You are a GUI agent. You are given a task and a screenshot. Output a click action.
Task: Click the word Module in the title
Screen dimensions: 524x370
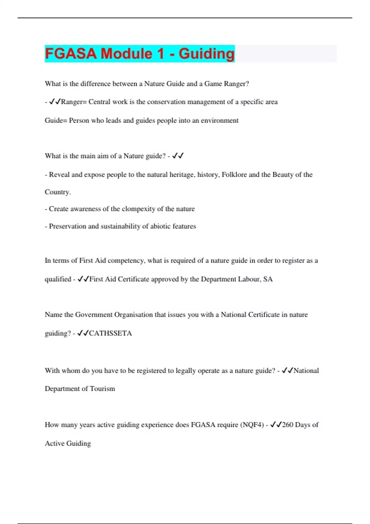[x=126, y=54]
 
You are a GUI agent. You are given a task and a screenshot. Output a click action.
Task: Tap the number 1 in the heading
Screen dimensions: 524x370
[x=160, y=54]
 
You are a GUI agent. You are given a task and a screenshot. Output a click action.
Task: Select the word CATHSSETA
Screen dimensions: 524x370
[x=110, y=333]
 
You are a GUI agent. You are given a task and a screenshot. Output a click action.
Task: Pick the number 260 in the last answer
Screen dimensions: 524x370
[x=288, y=425]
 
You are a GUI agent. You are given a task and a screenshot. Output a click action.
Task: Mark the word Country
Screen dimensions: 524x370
[x=58, y=192]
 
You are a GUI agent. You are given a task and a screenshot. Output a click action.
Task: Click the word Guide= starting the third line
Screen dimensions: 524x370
[x=56, y=121]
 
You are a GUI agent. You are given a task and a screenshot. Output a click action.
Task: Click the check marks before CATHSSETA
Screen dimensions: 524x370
[x=83, y=333]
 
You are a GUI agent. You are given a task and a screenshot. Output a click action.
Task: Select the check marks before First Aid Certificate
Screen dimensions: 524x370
[x=83, y=279]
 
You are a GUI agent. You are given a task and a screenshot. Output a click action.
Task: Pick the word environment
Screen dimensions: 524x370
[x=220, y=121]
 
